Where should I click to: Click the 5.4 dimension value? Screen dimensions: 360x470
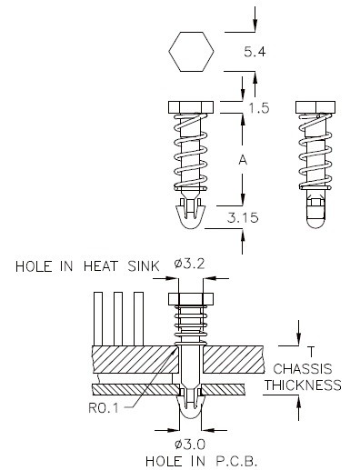click(x=255, y=52)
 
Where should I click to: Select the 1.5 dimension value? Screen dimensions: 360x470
click(x=258, y=108)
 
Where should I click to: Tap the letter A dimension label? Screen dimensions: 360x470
click(x=243, y=160)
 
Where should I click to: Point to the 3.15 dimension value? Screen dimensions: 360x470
click(x=243, y=217)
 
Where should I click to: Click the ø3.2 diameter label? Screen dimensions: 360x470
click(x=189, y=264)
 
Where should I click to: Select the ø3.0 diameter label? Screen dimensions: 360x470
click(x=190, y=445)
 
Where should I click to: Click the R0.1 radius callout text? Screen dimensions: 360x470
click(x=104, y=408)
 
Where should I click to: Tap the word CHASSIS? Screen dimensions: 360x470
click(x=303, y=369)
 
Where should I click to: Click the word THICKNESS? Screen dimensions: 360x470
click(x=303, y=385)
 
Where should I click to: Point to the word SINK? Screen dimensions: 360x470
click(x=144, y=266)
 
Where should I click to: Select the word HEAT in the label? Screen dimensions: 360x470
click(x=100, y=266)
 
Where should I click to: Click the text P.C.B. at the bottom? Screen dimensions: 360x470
click(x=236, y=462)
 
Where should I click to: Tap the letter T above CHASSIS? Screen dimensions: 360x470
click(x=311, y=352)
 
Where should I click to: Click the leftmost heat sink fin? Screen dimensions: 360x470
click(x=98, y=319)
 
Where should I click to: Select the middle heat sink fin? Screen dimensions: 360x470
click(x=118, y=319)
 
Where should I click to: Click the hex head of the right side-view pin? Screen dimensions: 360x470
click(x=315, y=107)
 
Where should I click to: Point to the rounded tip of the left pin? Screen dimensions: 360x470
click(x=191, y=223)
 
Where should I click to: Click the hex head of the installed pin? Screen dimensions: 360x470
click(x=191, y=299)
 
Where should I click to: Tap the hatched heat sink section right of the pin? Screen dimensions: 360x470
click(x=234, y=359)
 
